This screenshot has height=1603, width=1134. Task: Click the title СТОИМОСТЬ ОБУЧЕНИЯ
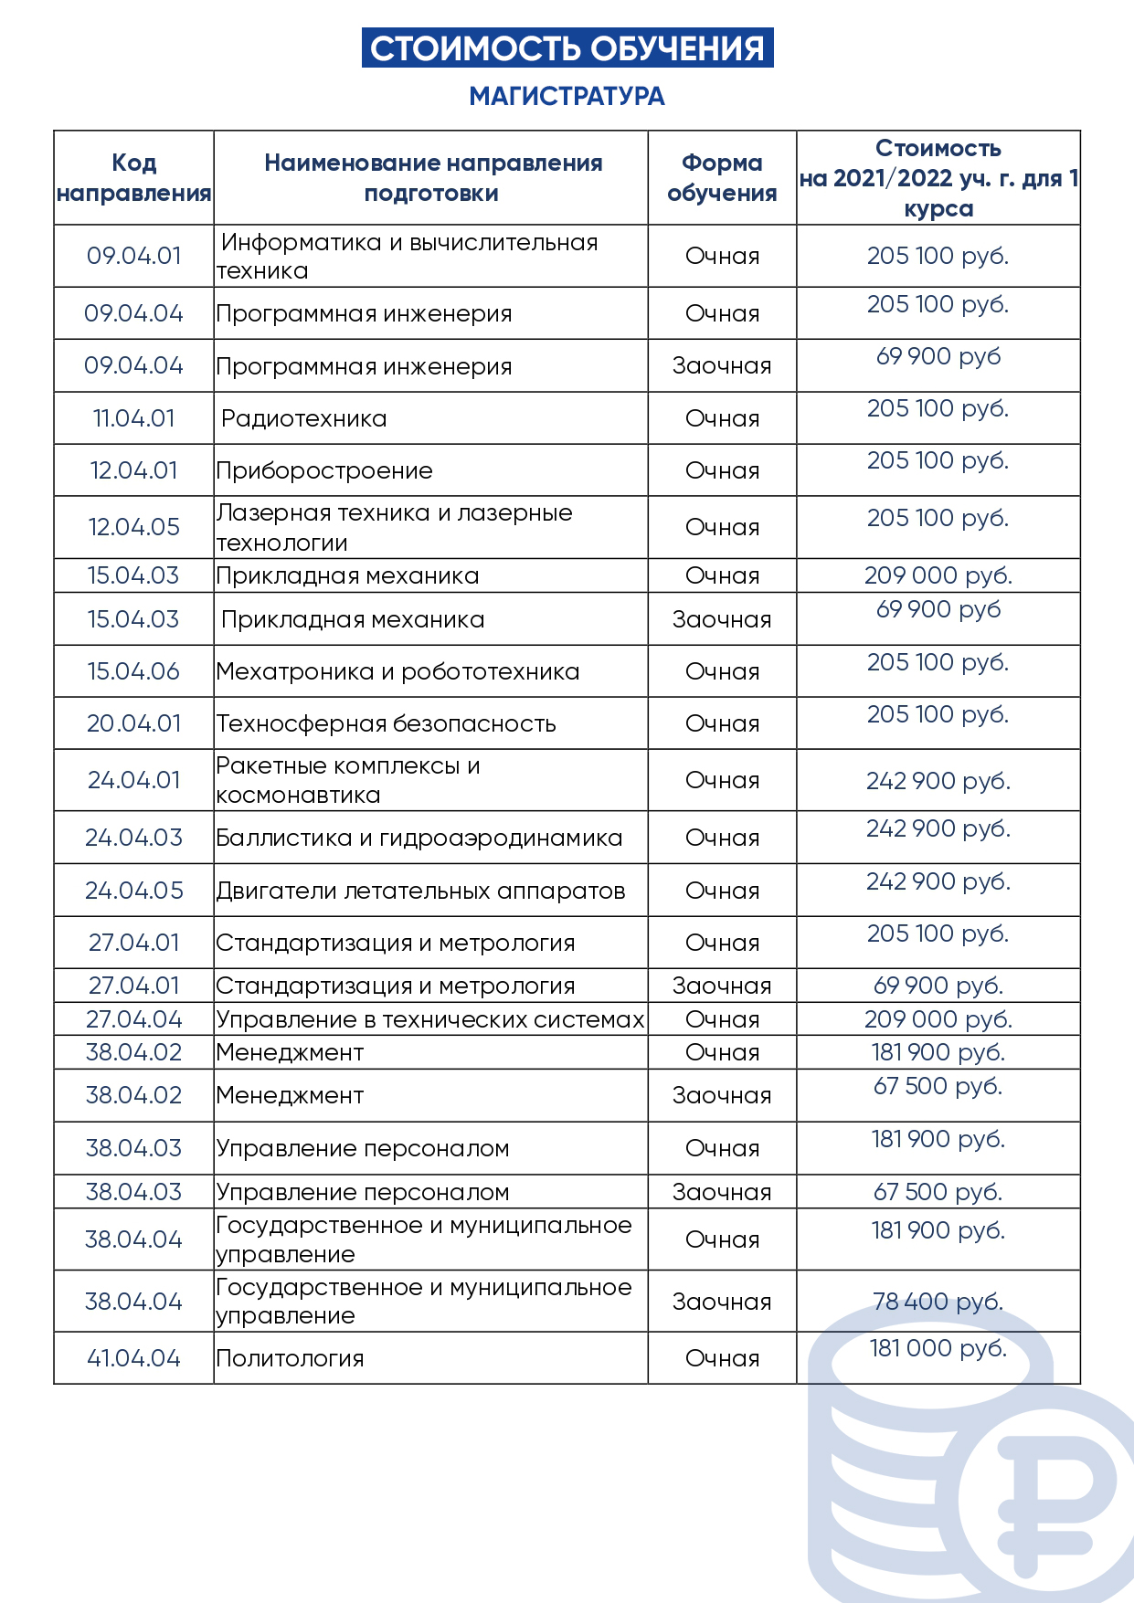pos(567,48)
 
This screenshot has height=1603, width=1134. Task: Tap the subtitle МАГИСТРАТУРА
pos(567,96)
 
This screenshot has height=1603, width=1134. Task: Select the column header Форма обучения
pos(722,178)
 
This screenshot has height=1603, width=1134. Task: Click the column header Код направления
pos(133,178)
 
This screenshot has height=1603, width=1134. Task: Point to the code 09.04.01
pos(133,256)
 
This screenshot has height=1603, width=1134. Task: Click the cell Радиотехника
pos(303,419)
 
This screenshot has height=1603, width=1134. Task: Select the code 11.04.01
pos(133,419)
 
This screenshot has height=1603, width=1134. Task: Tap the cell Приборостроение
pos(324,471)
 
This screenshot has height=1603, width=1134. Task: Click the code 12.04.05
pos(133,527)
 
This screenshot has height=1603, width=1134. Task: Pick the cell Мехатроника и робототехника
pos(397,672)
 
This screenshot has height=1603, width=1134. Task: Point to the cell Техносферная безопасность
pos(386,724)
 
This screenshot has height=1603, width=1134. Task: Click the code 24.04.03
pos(133,838)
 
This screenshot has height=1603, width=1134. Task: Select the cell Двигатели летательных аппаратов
pos(420,891)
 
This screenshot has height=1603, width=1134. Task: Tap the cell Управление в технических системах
pos(429,1019)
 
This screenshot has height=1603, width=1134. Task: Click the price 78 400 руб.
pos(938,1302)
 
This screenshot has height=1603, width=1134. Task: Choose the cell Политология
pos(290,1359)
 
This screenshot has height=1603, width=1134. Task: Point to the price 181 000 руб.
pos(938,1348)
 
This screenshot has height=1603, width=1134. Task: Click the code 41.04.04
pos(133,1359)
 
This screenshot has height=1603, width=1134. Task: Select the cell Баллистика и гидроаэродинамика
pos(419,838)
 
